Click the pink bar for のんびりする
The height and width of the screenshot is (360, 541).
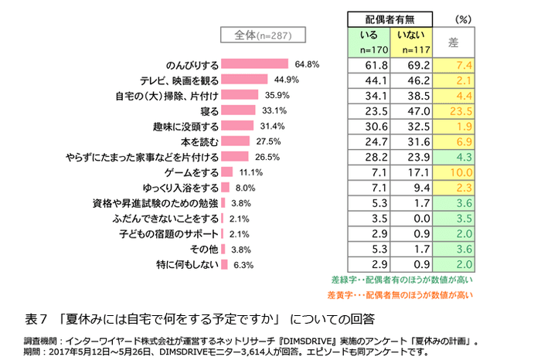254,64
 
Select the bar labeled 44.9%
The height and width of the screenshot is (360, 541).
244,80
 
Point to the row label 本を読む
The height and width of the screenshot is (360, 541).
195,141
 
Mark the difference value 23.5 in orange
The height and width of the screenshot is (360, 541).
453,111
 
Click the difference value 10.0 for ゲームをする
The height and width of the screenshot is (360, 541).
453,172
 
